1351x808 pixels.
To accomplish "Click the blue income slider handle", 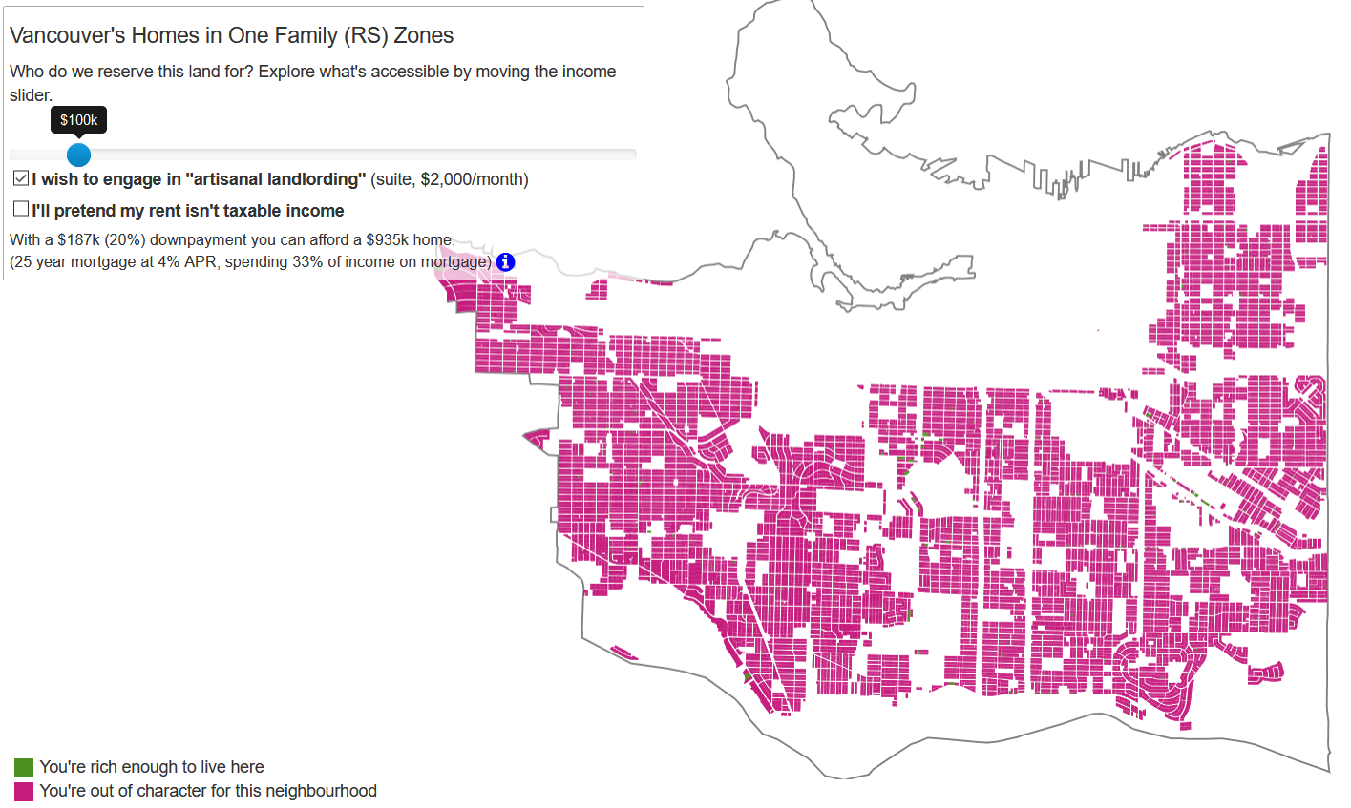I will coord(78,154).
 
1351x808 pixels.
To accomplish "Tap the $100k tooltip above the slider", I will coord(78,120).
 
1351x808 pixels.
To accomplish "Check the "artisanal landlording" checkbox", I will coord(21,178).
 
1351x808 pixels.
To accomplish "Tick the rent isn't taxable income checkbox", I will coord(21,209).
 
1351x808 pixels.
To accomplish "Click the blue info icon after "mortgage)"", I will coord(505,262).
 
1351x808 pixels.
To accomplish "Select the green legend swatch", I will coord(24,767).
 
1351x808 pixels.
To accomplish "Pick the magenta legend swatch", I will coord(24,791).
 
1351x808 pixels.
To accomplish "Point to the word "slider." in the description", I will coord(31,95).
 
